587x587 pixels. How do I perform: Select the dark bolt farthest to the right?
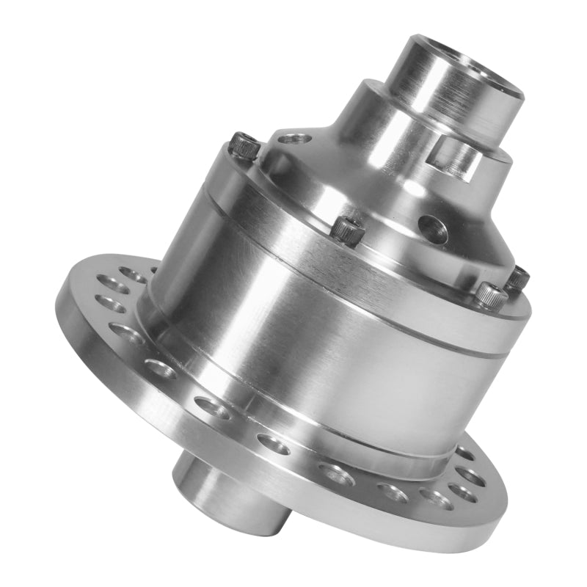518,277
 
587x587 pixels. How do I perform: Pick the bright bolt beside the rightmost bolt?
489,296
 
